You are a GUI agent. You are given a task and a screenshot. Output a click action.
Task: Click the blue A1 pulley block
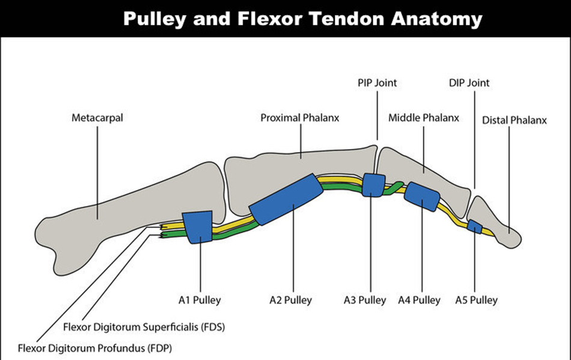198,227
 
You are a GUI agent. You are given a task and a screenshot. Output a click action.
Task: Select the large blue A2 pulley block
285,199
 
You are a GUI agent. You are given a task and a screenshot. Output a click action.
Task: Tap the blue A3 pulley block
373,185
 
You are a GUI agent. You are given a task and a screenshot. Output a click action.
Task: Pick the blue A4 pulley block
422,196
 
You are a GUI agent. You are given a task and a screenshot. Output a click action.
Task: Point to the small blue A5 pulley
475,227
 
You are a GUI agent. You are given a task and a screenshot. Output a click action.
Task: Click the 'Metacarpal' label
97,118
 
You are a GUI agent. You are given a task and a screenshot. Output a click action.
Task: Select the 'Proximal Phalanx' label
299,118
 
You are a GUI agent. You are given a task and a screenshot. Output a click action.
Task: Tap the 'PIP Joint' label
377,83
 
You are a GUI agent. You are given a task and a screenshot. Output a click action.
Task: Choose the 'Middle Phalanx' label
423,118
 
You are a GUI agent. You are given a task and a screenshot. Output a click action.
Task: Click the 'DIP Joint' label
469,83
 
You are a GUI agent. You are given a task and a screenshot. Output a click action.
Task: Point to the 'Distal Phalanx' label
515,120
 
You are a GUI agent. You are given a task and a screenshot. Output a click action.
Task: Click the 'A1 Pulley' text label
200,300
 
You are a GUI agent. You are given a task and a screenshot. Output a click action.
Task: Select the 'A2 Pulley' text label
291,300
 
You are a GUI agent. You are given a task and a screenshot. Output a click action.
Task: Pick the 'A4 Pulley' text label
419,300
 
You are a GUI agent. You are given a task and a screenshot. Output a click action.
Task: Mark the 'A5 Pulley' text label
476,300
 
